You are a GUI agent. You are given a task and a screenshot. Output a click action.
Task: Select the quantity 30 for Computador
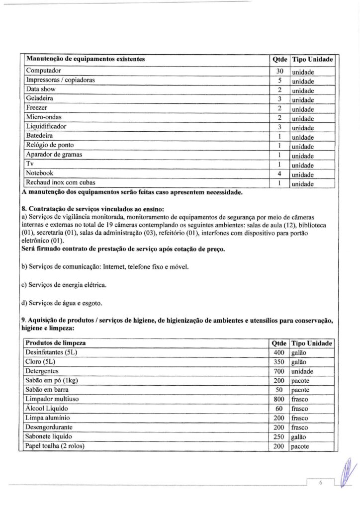click(279, 71)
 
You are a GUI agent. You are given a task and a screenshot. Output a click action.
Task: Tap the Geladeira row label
click(40, 98)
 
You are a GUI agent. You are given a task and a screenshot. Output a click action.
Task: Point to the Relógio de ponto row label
click(50, 145)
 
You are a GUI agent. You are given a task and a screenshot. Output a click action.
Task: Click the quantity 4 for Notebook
click(279, 174)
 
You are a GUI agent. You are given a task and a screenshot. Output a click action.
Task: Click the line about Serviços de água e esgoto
click(62, 303)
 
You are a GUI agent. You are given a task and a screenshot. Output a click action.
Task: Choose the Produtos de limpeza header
click(55, 343)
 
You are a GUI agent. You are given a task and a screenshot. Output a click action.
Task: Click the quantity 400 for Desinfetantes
click(278, 353)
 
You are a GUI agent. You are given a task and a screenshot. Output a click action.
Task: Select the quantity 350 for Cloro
click(278, 362)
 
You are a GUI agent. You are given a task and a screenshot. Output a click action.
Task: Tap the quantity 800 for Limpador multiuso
click(278, 399)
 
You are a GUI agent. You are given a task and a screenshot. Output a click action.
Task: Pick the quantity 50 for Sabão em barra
click(279, 390)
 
